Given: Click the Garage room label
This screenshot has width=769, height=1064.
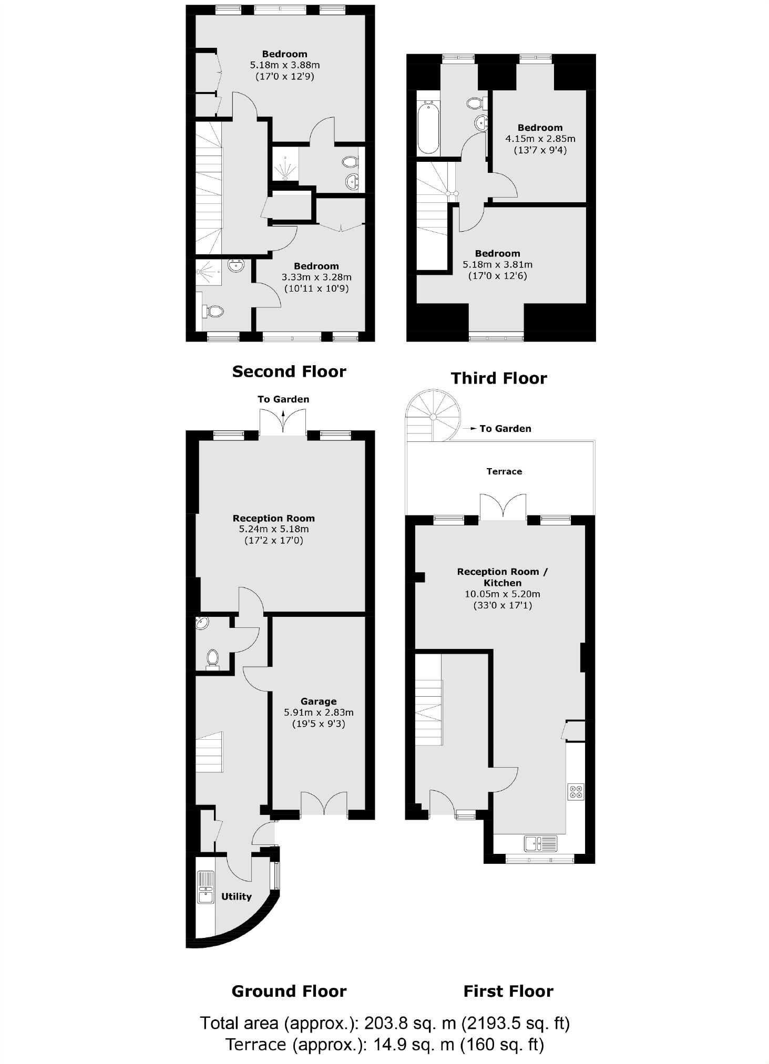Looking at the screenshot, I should coord(318,701).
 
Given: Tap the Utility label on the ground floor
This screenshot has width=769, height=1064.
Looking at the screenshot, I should coord(236,896).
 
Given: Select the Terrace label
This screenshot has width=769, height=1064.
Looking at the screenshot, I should coord(504,471).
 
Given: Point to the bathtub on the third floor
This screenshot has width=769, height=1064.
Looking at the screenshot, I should coord(428,128).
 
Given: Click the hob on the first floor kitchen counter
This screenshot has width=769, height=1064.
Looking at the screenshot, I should coord(576,791).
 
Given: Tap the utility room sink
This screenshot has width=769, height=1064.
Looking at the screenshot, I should coord(206,887).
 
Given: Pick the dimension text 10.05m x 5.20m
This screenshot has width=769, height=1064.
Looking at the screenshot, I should coord(502,594).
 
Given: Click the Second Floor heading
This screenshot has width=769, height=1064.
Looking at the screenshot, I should coord(289,371).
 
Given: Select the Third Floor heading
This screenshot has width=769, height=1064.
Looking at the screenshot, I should coord(499,378).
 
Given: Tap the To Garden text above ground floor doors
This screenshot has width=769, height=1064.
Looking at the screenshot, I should coord(283,399).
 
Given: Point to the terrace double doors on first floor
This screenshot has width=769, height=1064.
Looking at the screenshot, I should coord(504,508).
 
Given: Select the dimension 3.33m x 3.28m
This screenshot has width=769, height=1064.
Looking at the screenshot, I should coord(316,277).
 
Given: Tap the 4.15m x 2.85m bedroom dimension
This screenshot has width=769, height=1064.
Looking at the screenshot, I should coord(540,139).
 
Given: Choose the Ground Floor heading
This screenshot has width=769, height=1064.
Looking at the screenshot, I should coord(289,991).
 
